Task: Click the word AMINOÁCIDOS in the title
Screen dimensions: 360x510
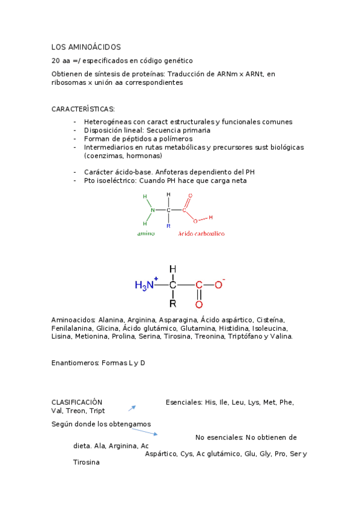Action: tap(95, 47)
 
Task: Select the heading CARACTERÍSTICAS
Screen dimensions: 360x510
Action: tap(83, 109)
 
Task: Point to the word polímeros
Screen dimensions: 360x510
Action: tap(175, 138)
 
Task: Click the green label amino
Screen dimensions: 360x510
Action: tap(145, 233)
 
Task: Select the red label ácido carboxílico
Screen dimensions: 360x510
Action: tap(201, 233)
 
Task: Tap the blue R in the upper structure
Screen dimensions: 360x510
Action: tap(168, 226)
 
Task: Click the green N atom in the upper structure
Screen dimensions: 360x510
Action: tap(153, 210)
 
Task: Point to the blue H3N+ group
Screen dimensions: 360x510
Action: tap(146, 285)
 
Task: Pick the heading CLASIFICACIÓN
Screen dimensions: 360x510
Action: tap(77, 402)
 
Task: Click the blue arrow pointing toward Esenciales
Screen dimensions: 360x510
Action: tap(132, 408)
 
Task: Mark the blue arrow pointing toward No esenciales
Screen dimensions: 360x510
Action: tap(150, 432)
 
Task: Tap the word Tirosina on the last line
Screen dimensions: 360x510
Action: tap(86, 462)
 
